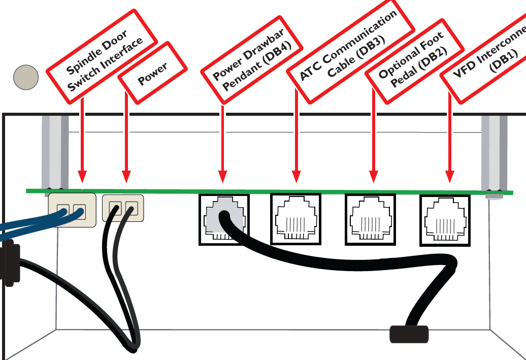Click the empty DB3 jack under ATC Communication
(295, 219)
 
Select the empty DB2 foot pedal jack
(370, 219)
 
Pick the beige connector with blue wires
(72, 210)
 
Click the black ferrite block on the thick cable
(409, 334)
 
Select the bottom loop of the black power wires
(133, 346)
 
